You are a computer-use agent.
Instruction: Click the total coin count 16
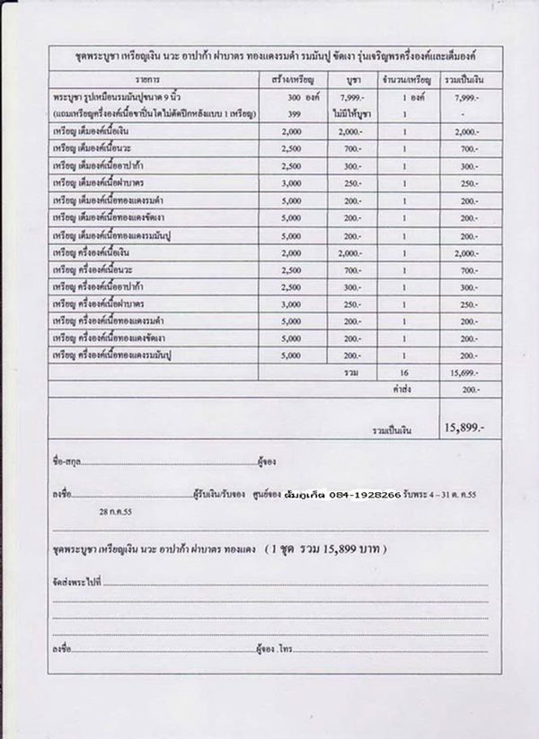[404, 371]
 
